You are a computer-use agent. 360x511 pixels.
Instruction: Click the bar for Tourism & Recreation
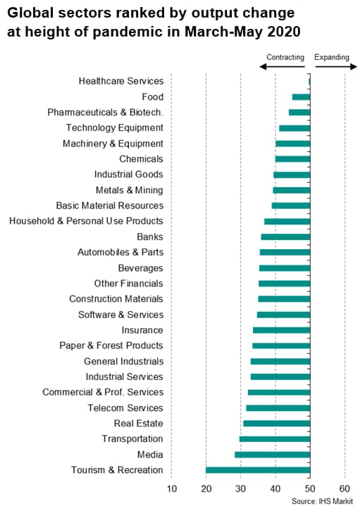click(258, 470)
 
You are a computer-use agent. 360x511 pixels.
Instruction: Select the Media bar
click(272, 455)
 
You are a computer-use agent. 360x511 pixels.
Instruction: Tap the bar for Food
click(301, 97)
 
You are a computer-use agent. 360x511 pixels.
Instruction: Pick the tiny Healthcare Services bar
click(309, 82)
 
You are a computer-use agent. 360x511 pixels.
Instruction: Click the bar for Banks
click(285, 236)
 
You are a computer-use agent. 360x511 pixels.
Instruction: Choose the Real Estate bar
click(277, 423)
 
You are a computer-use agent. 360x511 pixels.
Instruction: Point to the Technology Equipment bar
click(294, 128)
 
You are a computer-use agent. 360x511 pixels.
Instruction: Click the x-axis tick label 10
click(171, 488)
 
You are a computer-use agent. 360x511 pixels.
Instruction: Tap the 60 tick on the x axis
click(345, 488)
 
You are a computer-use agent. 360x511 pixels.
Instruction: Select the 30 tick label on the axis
click(241, 488)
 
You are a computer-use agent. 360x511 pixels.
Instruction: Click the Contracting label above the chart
click(285, 57)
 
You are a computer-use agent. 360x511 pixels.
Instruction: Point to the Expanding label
click(332, 57)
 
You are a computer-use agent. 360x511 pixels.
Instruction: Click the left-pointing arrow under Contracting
click(282, 67)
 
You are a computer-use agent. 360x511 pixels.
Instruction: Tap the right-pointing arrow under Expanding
click(336, 67)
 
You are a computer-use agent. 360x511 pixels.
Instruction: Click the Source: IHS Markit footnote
click(322, 501)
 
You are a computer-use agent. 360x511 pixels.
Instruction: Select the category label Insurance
click(142, 330)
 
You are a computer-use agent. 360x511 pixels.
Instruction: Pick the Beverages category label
click(140, 268)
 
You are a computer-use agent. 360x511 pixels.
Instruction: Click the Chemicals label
click(141, 158)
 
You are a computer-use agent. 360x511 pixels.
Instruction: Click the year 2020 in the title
click(284, 32)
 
